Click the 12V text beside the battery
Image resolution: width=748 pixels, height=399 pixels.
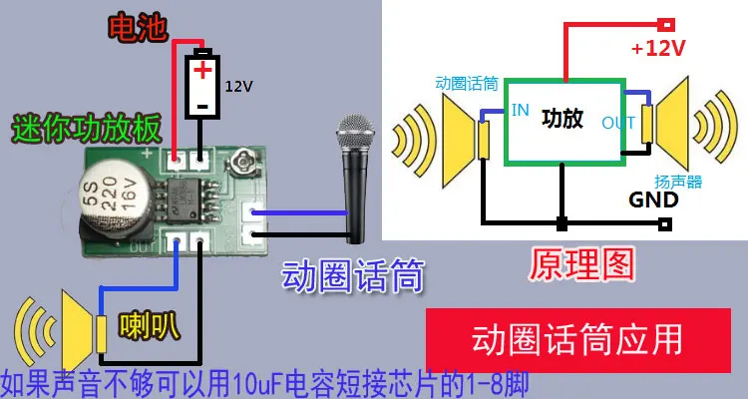[238, 86]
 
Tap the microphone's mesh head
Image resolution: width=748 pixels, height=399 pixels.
[355, 136]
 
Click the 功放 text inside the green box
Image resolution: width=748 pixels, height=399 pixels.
[561, 118]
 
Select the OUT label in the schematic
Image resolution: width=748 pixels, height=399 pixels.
[619, 124]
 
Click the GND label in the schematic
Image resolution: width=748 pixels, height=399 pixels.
[653, 199]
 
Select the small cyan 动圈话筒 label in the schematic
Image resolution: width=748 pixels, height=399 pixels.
[466, 83]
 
